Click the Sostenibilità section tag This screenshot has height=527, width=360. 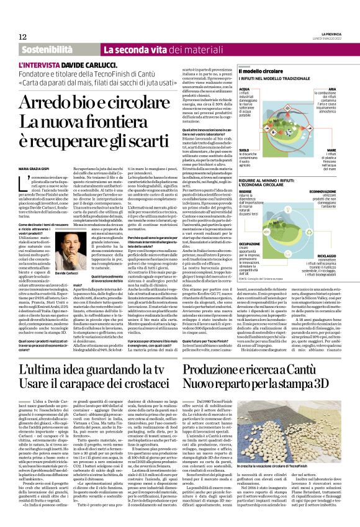point(47,49)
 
